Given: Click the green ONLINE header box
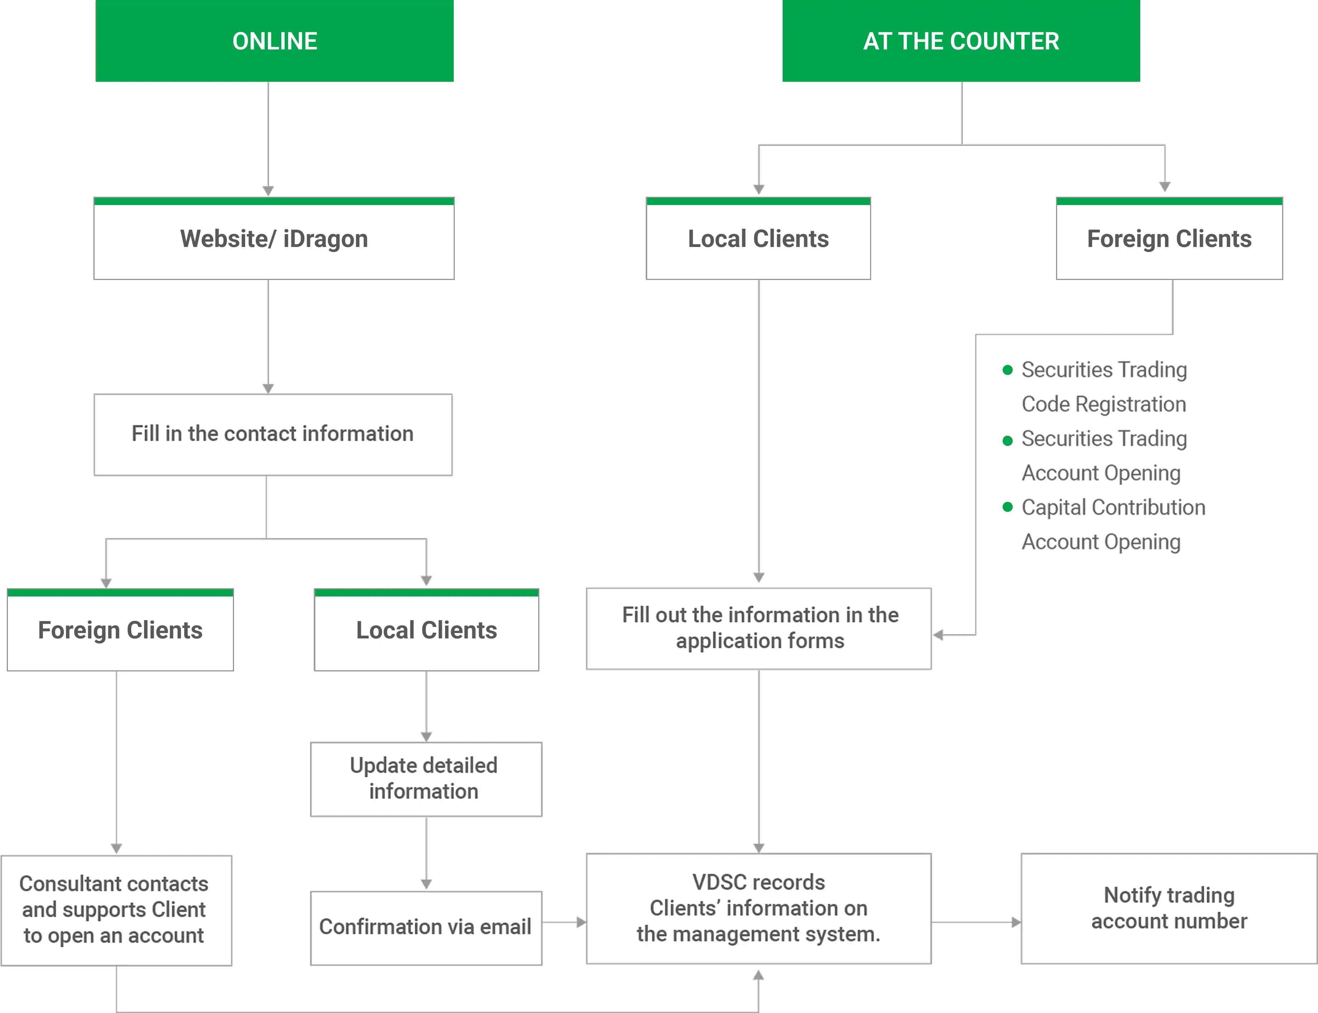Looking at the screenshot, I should pyautogui.click(x=274, y=41).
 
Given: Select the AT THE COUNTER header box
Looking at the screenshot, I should pyautogui.click(x=961, y=41).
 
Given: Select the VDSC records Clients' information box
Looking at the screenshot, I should pyautogui.click(x=758, y=908).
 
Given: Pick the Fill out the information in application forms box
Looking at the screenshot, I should pyautogui.click(x=758, y=628).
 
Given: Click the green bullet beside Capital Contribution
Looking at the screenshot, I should pyautogui.click(x=1007, y=506).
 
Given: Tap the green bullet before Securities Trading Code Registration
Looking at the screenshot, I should pyautogui.click(x=1007, y=370).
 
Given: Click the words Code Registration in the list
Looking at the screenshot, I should pyautogui.click(x=1103, y=404).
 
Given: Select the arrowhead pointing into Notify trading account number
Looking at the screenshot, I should pyautogui.click(x=1016, y=922).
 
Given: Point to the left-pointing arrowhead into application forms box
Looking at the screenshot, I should pyautogui.click(x=938, y=634).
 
